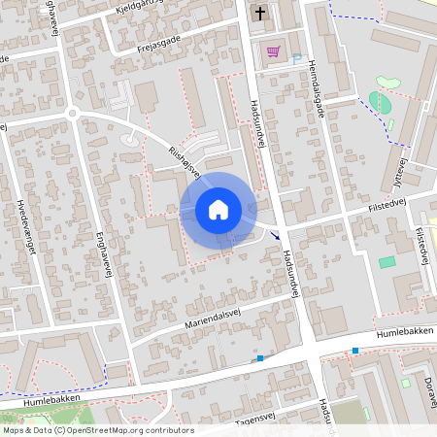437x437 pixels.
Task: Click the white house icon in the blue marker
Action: [218, 209]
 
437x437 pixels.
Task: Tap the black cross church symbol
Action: [259, 14]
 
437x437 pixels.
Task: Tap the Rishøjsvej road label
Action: [184, 162]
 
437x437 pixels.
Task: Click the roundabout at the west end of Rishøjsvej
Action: [71, 114]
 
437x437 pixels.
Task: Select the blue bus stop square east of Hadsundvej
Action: [355, 350]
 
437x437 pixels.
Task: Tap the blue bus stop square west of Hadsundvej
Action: [259, 358]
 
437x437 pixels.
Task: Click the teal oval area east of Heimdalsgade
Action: [380, 101]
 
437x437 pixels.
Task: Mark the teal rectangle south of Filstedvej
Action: [387, 262]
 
